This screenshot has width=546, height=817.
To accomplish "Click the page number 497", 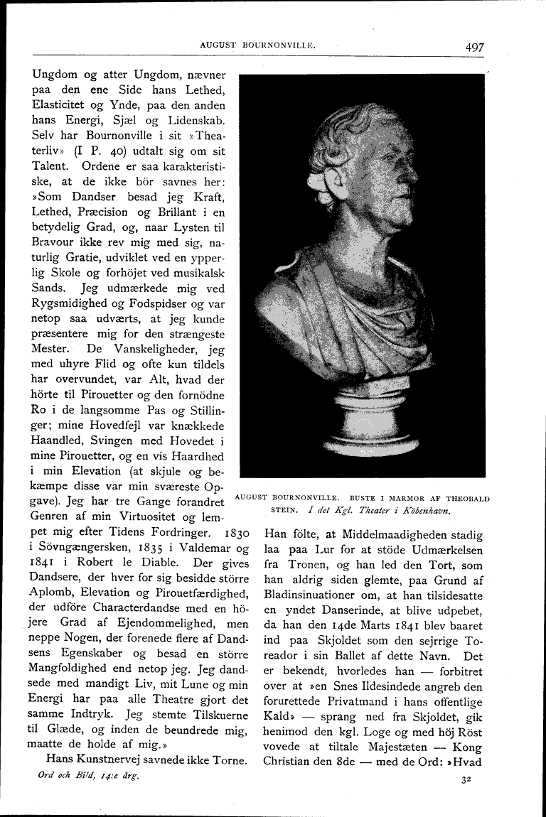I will click(475, 47).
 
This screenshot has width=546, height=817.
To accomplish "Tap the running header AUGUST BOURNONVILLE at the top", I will click(257, 45).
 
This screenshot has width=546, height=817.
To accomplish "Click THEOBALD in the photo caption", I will click(466, 498).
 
